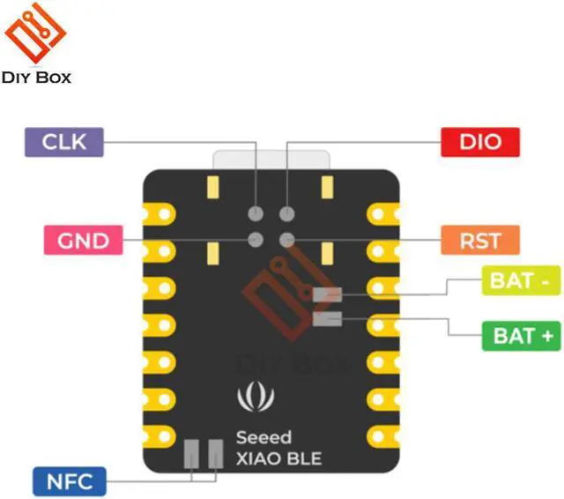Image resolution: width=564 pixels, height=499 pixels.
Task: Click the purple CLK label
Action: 63,141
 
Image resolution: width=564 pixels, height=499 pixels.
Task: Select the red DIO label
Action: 480,141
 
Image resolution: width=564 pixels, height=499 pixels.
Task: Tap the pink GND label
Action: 83,240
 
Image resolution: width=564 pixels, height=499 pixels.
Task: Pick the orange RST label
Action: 480,240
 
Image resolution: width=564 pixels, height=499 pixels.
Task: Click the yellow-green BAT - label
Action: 520,281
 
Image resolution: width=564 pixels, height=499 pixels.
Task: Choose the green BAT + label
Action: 522,336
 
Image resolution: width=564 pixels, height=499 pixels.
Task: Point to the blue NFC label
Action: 69,481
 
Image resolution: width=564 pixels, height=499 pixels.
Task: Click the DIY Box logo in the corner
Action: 36,44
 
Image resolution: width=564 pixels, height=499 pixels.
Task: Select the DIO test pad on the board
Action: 286,213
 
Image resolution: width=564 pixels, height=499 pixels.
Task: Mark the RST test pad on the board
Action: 286,239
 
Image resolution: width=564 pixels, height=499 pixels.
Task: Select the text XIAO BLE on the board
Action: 278,458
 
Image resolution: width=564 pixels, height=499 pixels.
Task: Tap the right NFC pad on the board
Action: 213,453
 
